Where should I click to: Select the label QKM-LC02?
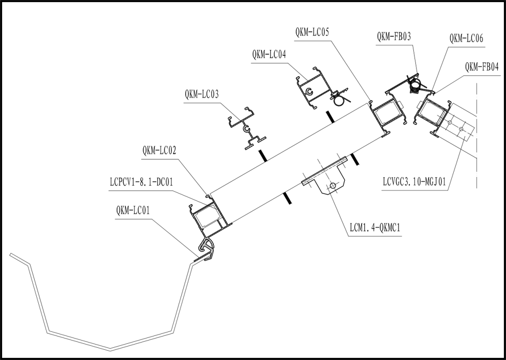[x=160, y=151]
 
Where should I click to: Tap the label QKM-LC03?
[x=202, y=94]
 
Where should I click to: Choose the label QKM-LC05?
[x=312, y=32]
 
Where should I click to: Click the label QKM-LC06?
[x=466, y=39]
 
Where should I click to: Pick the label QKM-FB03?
[x=394, y=36]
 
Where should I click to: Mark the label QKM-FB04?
[x=481, y=67]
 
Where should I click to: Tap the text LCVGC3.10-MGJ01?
[x=415, y=181]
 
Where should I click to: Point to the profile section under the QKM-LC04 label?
[x=317, y=90]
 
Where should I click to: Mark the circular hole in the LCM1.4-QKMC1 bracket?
[x=332, y=186]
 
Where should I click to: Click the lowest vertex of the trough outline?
[x=110, y=350]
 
